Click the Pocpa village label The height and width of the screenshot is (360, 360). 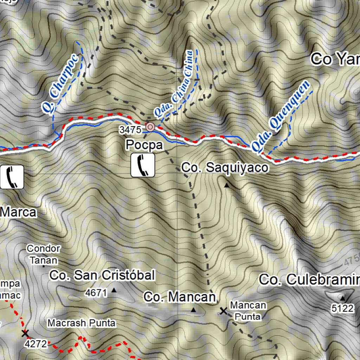(x=144, y=145)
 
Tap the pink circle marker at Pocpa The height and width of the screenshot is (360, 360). (x=150, y=127)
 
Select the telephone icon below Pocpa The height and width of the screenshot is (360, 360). (x=143, y=165)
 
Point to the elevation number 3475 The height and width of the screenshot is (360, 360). (x=130, y=130)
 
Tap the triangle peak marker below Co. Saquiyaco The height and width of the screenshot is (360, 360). (x=226, y=185)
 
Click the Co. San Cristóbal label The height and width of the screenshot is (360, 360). (x=102, y=275)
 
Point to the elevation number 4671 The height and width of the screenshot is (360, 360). (x=96, y=292)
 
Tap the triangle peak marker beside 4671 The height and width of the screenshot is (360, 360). (x=114, y=290)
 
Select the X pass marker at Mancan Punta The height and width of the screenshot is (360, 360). (x=223, y=311)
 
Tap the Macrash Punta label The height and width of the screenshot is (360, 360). (x=82, y=323)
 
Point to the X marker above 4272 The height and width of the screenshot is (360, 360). (x=25, y=333)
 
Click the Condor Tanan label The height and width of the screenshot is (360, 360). (x=44, y=254)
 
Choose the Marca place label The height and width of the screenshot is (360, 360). (x=18, y=212)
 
